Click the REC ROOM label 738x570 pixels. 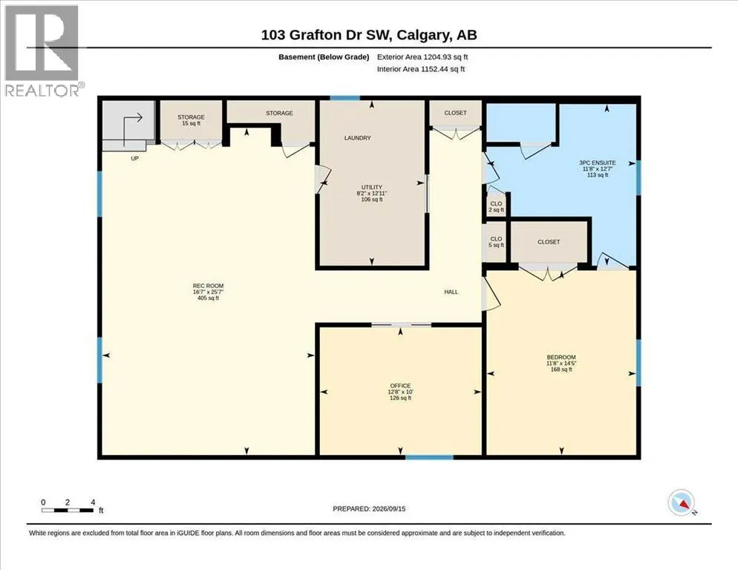coord(208,286)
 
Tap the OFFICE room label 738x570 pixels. coord(400,385)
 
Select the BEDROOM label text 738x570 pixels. coord(561,357)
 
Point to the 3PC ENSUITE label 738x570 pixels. coord(597,163)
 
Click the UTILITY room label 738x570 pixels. coord(372,187)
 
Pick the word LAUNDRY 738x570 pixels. coord(358,138)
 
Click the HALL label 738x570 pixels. coord(451,292)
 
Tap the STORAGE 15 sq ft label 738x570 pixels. coord(191,120)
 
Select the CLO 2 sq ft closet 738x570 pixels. coord(496,206)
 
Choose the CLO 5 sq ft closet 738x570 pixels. coord(496,242)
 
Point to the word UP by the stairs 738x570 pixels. coord(134,159)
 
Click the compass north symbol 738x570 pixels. coord(682,502)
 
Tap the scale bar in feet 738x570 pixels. coord(68,510)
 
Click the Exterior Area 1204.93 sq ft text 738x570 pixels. coord(422,57)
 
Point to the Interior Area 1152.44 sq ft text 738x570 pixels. coord(421,69)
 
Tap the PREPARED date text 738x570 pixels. coord(369,509)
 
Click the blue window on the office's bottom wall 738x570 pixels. coord(429,457)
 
